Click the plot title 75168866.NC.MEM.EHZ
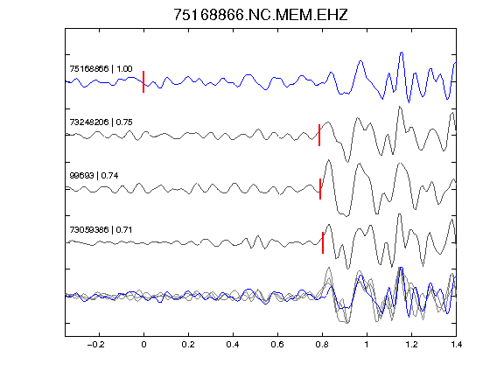tap(261, 15)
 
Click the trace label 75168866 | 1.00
tap(101, 69)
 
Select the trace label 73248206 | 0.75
tap(101, 122)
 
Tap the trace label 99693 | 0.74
tap(94, 176)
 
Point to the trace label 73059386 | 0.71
tap(101, 230)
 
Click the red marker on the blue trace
tap(143, 81)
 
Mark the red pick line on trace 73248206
tap(319, 135)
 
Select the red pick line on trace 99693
tap(320, 189)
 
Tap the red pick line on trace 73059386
tap(323, 242)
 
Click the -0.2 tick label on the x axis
tap(96, 345)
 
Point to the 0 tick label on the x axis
tap(143, 345)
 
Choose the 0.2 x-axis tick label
tap(188, 345)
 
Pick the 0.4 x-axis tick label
tap(233, 345)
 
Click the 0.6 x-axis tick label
tap(277, 345)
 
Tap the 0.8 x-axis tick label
tap(322, 345)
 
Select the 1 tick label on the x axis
tap(367, 345)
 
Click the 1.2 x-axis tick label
tap(411, 345)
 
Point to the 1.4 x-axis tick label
tap(456, 345)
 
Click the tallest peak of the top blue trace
tap(402, 52)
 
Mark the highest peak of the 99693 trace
tap(328, 160)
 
